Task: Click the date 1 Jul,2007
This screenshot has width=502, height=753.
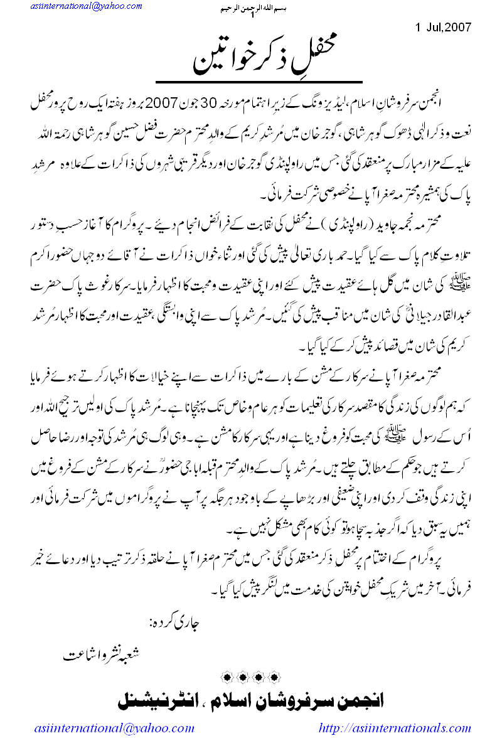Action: coord(443,28)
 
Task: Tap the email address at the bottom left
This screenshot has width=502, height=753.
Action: coord(114,728)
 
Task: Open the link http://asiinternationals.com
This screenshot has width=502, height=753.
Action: coord(395,728)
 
